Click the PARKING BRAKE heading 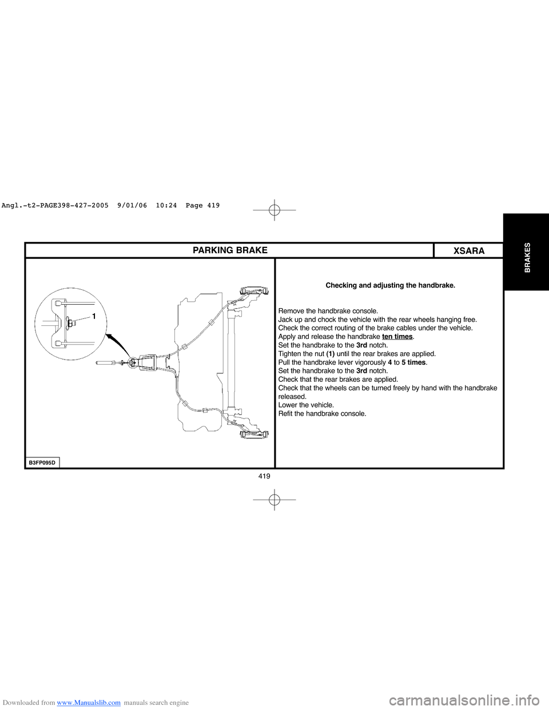point(230,250)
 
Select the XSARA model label point(468,251)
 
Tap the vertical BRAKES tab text point(527,257)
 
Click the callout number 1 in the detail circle point(93,316)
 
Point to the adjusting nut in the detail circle point(70,323)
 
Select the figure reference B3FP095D point(42,462)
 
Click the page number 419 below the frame point(264,476)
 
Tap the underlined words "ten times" point(397,337)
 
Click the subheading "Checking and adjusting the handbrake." point(390,285)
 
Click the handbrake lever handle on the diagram point(106,362)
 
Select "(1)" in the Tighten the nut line point(331,354)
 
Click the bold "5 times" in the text point(413,362)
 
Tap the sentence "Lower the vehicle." point(306,405)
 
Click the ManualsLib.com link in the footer point(89,703)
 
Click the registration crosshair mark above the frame point(274,210)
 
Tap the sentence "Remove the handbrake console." point(328,311)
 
